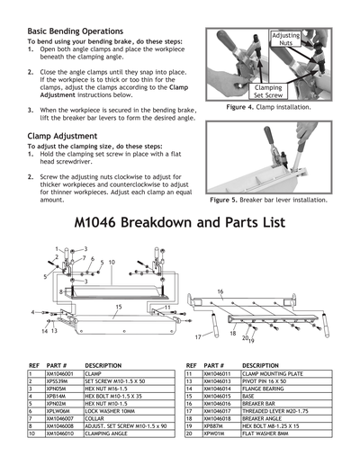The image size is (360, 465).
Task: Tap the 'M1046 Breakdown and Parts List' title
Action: [180, 221]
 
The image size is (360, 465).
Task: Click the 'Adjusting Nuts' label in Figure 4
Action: [285, 39]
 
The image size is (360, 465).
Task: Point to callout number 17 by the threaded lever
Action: [197, 336]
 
